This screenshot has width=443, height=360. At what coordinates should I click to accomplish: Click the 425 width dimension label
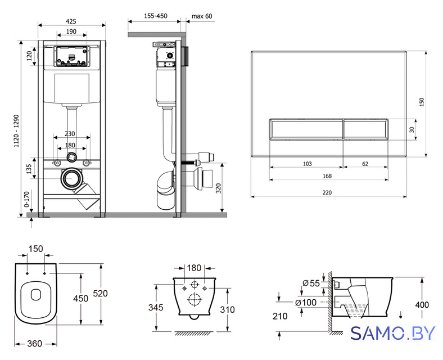pyautogui.click(x=71, y=21)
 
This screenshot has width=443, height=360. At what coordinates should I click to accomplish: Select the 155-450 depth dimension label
pyautogui.click(x=155, y=16)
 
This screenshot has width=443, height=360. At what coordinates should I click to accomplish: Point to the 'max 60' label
pyautogui.click(x=202, y=16)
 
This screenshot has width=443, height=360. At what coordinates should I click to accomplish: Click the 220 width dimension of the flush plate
pyautogui.click(x=327, y=192)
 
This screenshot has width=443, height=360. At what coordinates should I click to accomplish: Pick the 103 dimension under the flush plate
pyautogui.click(x=307, y=164)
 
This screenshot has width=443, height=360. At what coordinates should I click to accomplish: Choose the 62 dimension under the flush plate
pyautogui.click(x=365, y=164)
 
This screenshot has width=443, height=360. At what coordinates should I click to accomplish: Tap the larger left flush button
pyautogui.click(x=306, y=129)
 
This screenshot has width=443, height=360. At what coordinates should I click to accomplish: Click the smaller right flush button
pyautogui.click(x=366, y=129)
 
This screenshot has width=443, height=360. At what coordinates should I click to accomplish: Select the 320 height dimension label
pyautogui.click(x=218, y=188)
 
